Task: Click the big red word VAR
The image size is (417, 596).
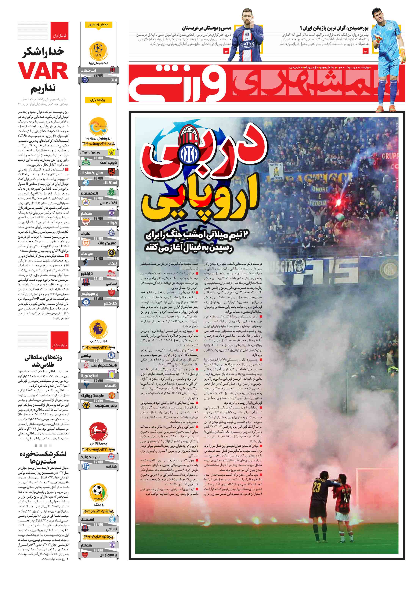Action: [43, 71]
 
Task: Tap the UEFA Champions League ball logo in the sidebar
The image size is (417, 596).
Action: [98, 51]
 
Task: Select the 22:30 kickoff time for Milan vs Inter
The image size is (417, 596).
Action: [98, 75]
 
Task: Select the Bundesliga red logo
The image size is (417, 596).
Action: [98, 431]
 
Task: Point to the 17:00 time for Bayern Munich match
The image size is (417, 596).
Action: [98, 462]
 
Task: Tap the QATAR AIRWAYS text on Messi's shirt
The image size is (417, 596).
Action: [247, 46]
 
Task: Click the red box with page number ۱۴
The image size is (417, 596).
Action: [226, 52]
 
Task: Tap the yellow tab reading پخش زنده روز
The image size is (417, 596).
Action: [98, 25]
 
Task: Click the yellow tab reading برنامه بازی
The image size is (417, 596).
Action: [98, 100]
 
